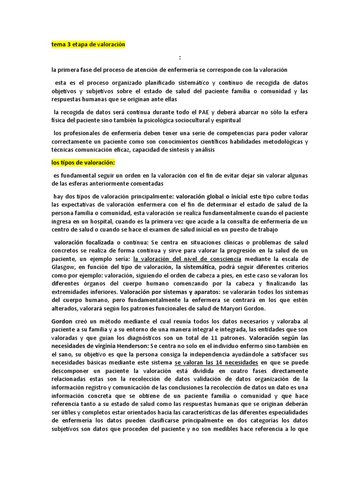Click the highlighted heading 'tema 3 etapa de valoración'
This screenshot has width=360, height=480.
[89, 45]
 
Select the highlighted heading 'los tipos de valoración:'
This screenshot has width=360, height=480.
[83, 163]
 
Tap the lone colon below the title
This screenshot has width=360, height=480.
[180, 57]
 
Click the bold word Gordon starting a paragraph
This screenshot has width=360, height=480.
[62, 321]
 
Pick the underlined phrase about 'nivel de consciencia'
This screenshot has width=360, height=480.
[187, 259]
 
